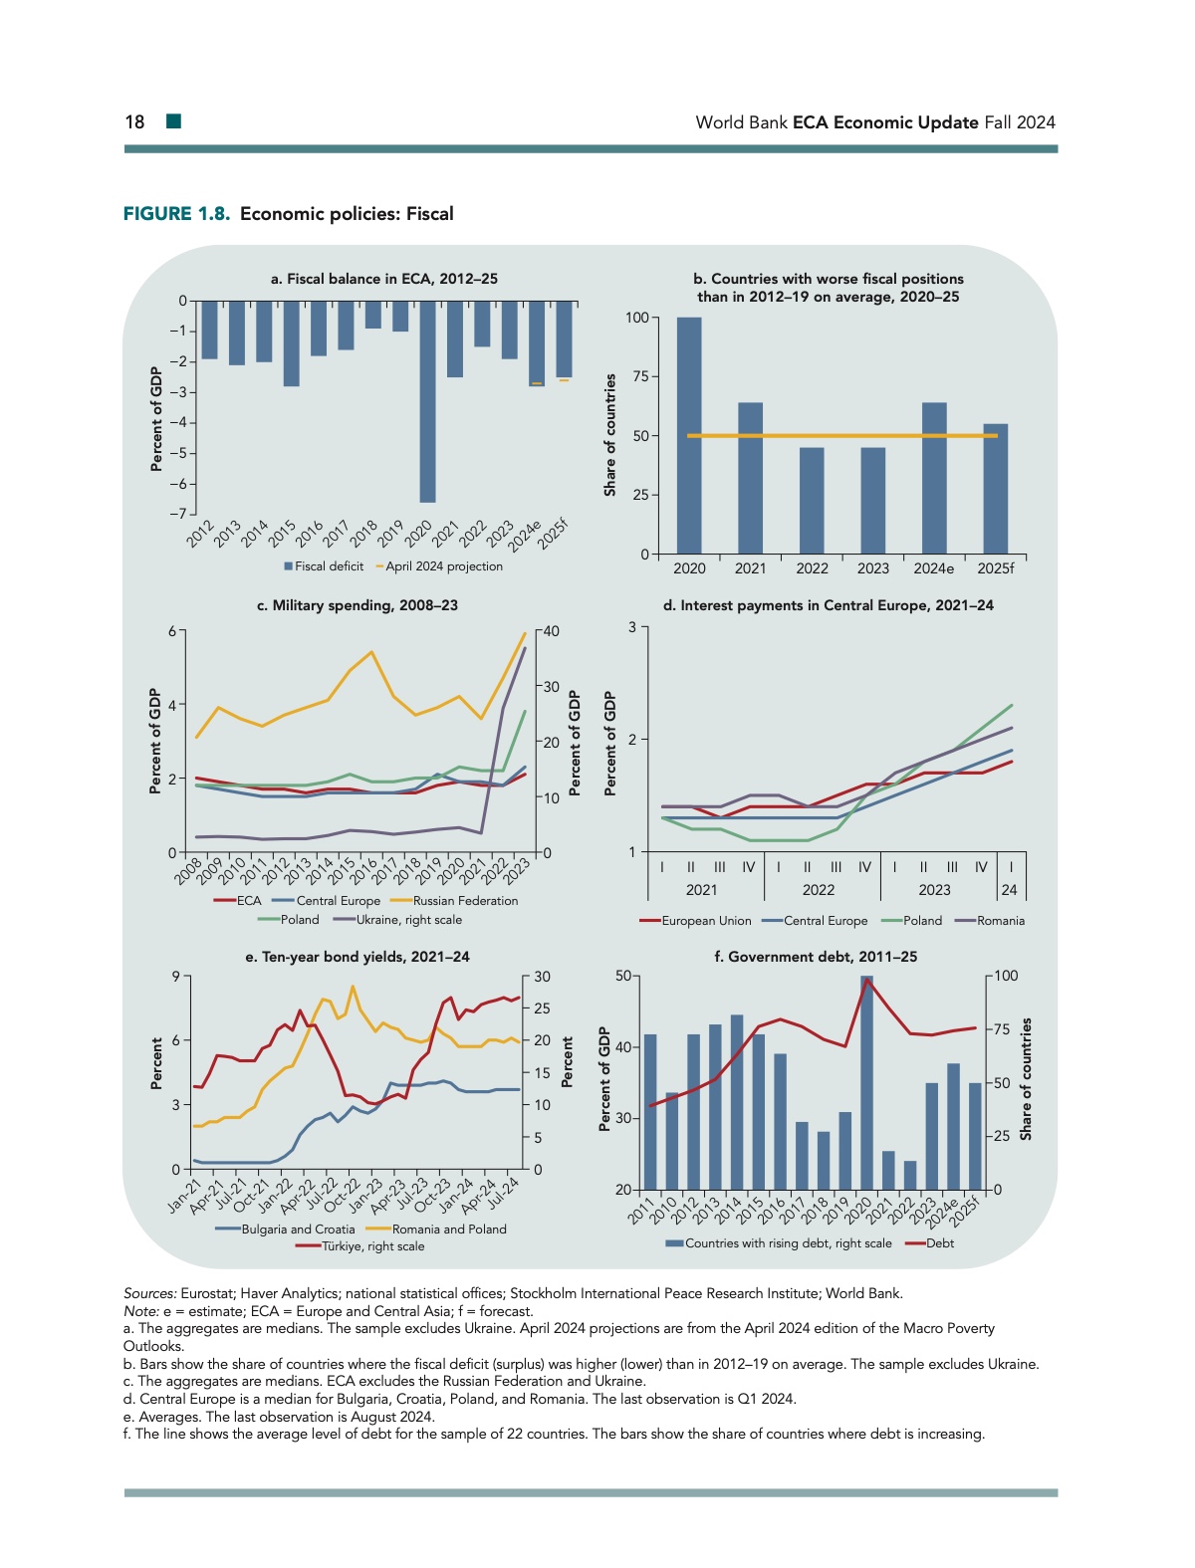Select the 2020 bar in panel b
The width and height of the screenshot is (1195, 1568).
(689, 435)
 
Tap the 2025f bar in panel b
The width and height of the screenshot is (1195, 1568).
(995, 489)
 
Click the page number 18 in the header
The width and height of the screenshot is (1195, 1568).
(134, 122)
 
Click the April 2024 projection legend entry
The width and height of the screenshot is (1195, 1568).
(439, 566)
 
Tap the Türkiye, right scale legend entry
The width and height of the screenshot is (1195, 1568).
(360, 1246)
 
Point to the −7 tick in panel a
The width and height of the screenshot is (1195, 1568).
(177, 514)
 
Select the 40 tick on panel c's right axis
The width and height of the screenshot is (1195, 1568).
(551, 631)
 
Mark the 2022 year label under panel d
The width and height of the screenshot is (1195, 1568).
(819, 890)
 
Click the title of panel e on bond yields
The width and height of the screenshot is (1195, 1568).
(358, 957)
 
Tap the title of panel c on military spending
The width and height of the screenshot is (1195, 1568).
(358, 605)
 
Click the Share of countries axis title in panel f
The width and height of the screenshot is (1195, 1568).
(1027, 1079)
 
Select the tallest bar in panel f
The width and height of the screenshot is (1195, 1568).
(866, 1082)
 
